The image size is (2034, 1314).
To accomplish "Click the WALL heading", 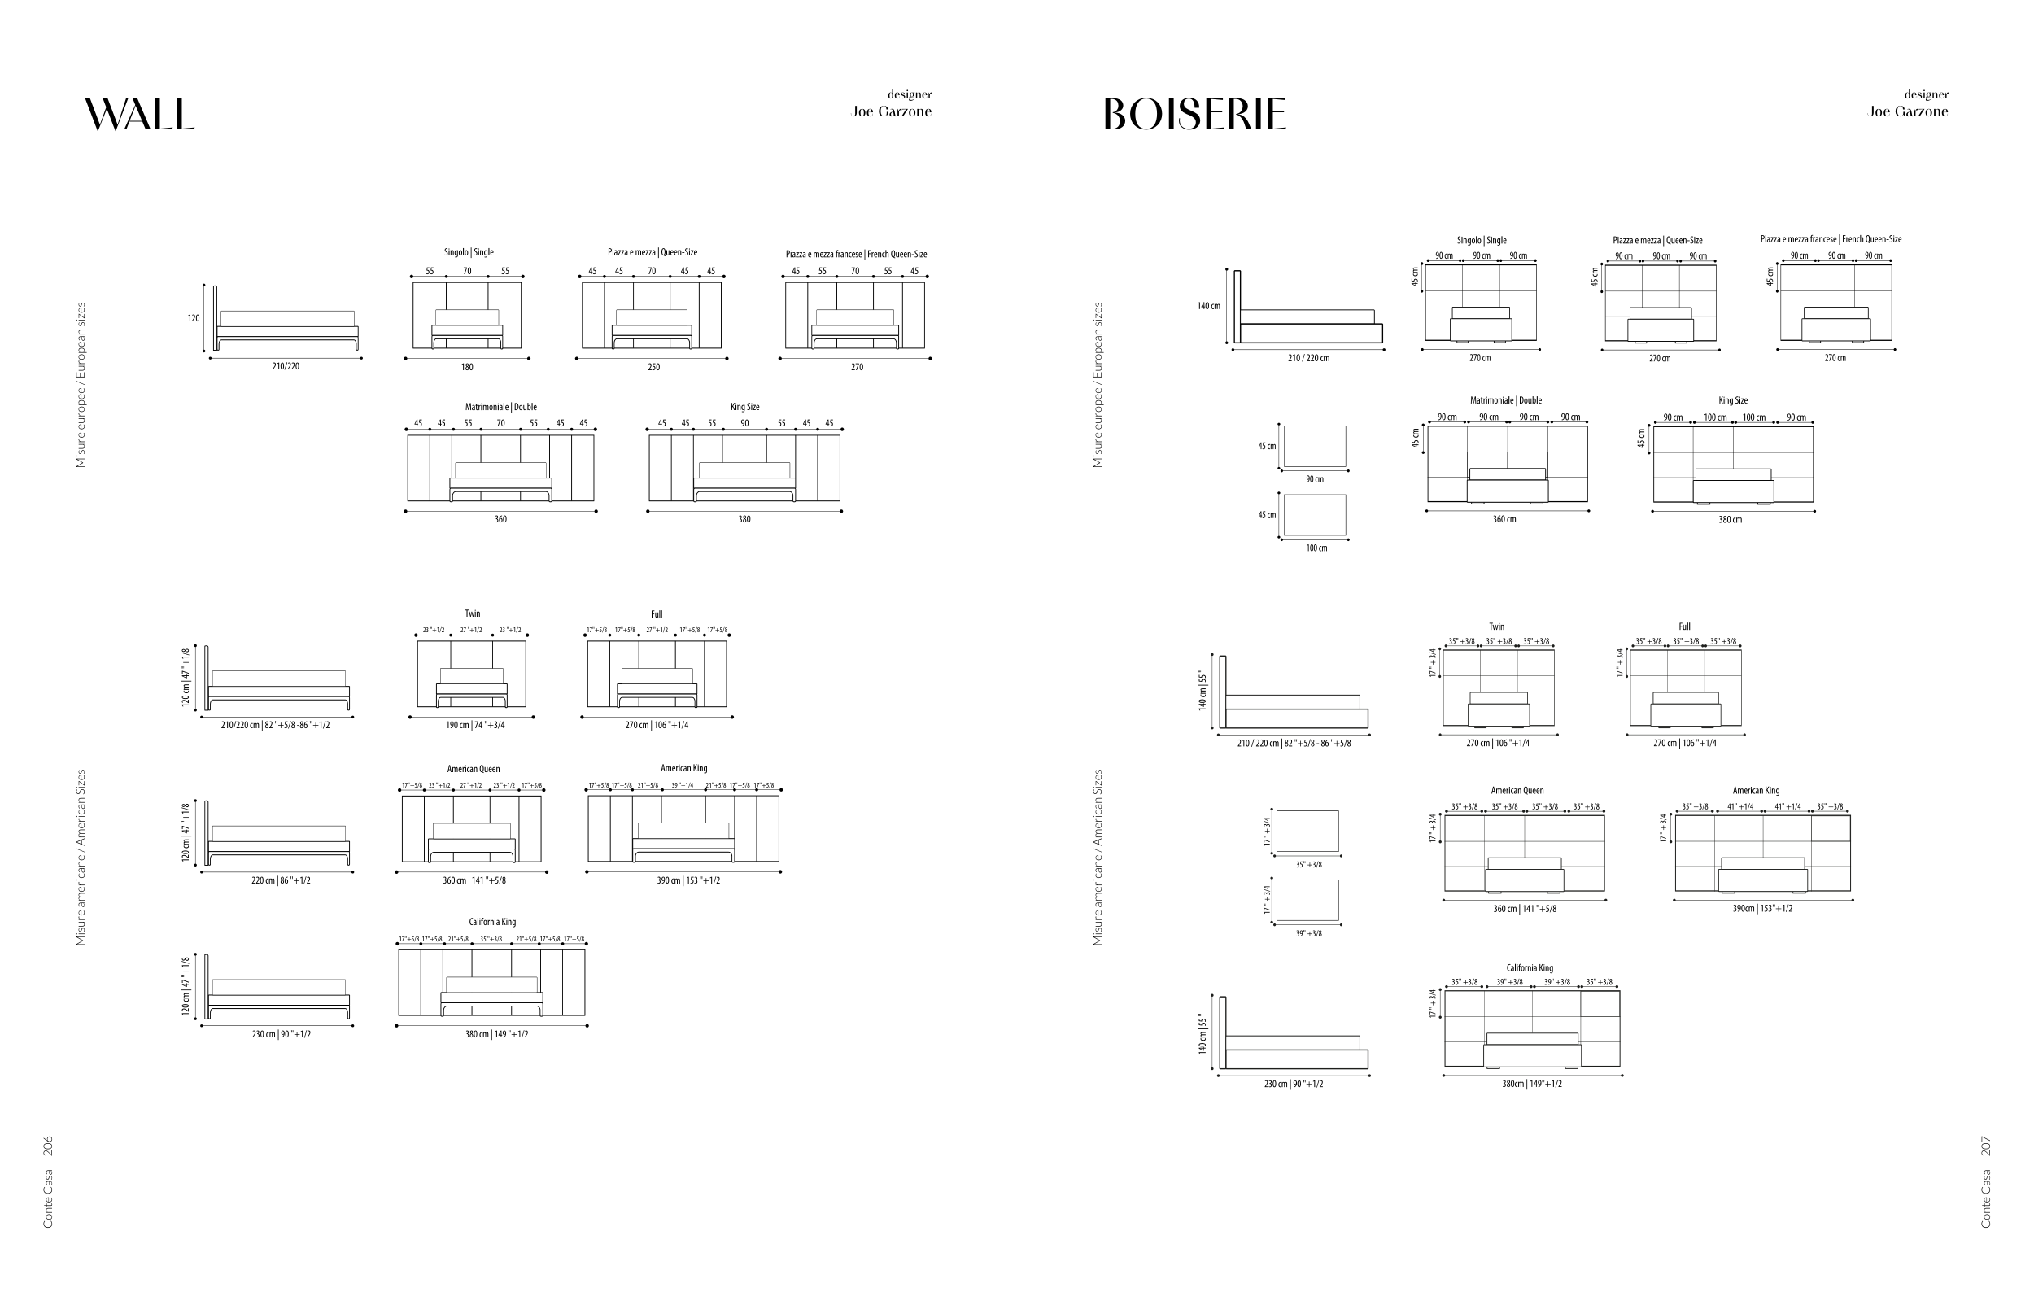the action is pyautogui.click(x=140, y=115).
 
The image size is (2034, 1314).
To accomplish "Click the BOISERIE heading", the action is pyautogui.click(x=1194, y=115).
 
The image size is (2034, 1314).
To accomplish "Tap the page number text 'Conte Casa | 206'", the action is pyautogui.click(x=49, y=1181).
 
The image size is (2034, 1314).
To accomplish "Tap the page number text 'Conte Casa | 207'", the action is pyautogui.click(x=1986, y=1181).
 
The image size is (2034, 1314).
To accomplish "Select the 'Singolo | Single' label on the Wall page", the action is pyautogui.click(x=469, y=252).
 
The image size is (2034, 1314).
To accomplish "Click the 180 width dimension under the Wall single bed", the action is pyautogui.click(x=467, y=367).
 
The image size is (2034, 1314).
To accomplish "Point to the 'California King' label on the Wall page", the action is pyautogui.click(x=492, y=923).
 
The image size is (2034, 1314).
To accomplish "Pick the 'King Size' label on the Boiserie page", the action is pyautogui.click(x=1733, y=401).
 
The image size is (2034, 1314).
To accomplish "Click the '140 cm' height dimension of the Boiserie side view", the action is pyautogui.click(x=1208, y=306).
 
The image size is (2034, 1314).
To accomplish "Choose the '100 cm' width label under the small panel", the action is pyautogui.click(x=1316, y=548).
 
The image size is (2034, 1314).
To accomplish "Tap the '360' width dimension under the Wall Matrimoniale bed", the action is pyautogui.click(x=501, y=520).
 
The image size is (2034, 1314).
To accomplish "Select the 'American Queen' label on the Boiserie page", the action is pyautogui.click(x=1517, y=791).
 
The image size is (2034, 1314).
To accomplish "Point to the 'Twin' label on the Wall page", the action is pyautogui.click(x=473, y=614).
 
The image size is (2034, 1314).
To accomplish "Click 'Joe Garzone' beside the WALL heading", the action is pyautogui.click(x=892, y=111).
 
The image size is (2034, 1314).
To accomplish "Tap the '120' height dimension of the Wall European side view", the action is pyautogui.click(x=194, y=318).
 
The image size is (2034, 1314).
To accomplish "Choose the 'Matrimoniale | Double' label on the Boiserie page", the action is pyautogui.click(x=1506, y=401).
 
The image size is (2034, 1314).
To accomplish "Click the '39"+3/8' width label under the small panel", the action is pyautogui.click(x=1309, y=933).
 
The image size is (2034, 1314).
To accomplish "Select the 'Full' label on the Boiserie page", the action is pyautogui.click(x=1684, y=627).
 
